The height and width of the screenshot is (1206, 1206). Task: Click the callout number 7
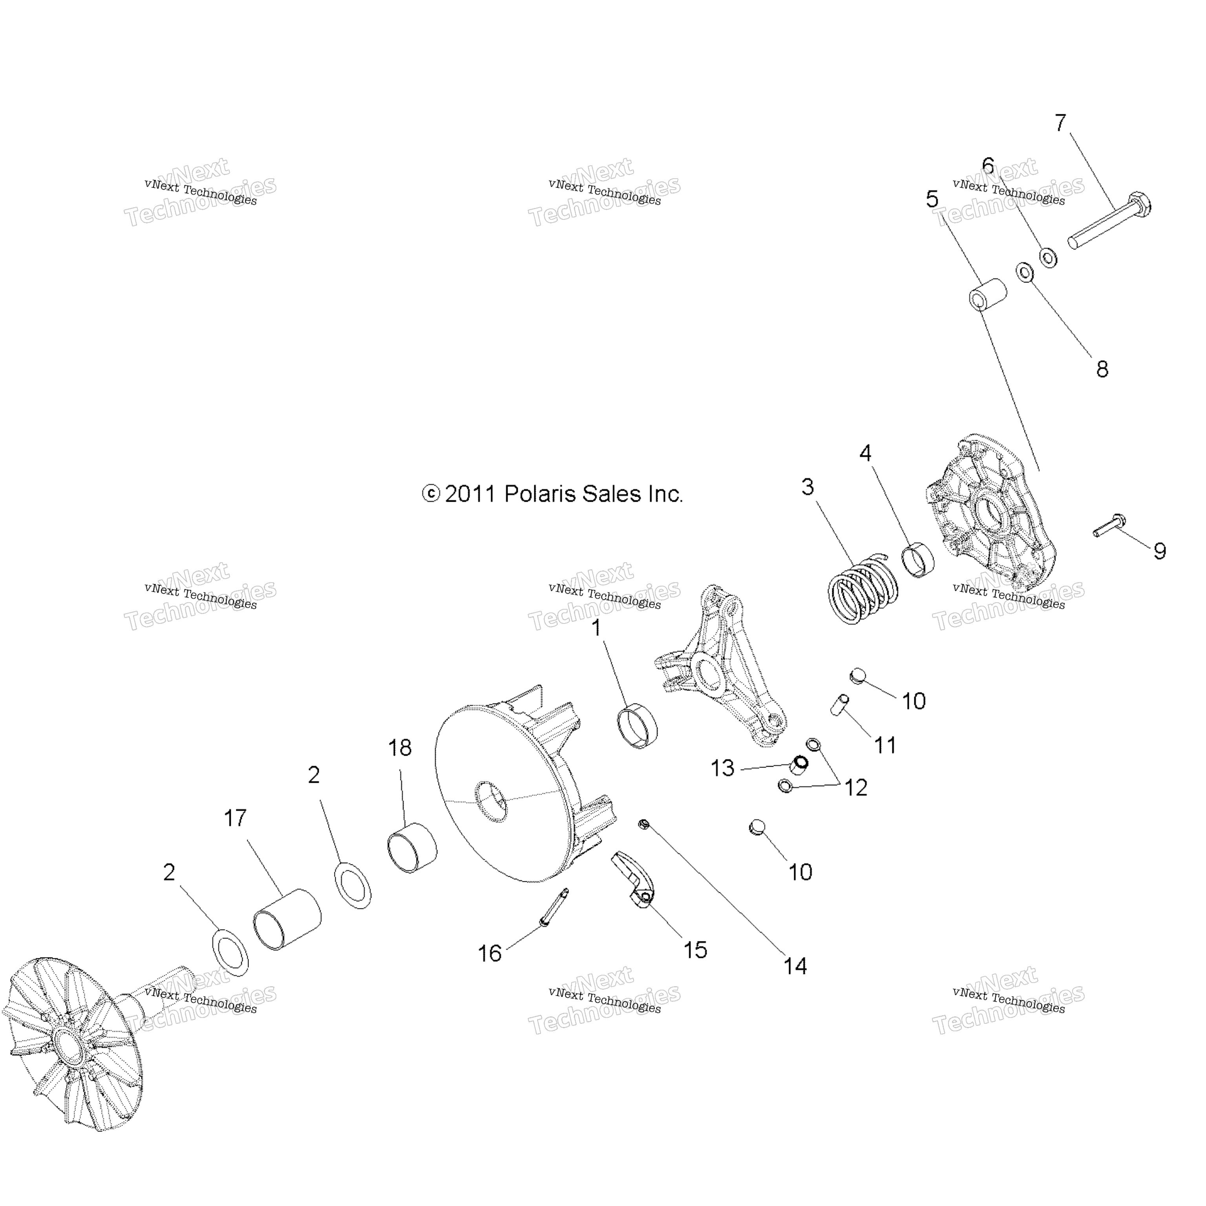(1060, 123)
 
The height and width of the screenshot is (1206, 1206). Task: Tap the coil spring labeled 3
(863, 589)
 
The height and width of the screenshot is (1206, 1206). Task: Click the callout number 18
(400, 748)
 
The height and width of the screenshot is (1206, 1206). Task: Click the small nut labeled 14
(644, 825)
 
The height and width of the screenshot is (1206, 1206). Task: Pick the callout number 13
(722, 768)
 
